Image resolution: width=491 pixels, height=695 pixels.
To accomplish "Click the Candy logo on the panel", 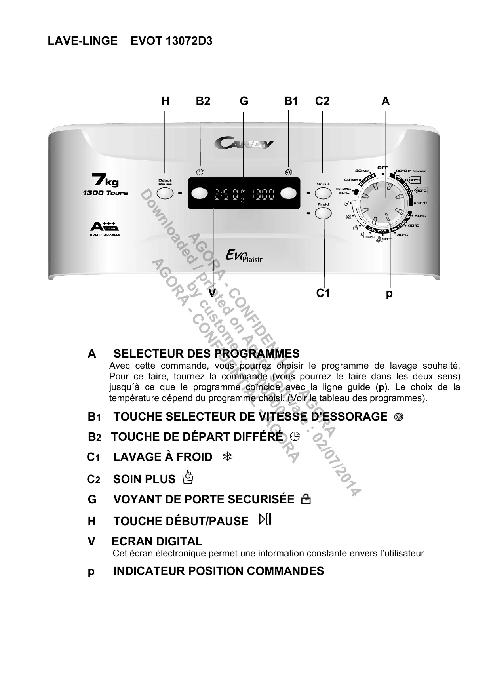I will (244, 143).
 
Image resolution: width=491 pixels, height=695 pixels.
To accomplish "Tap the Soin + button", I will (323, 193).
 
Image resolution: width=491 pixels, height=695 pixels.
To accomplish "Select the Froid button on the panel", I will (323, 213).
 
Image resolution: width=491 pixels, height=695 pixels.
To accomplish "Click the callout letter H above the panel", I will (166, 101).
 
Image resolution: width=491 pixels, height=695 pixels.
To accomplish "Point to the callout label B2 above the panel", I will (203, 101).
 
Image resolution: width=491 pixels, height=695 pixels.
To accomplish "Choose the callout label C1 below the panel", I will (323, 293).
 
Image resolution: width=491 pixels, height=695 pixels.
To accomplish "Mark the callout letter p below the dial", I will (389, 294).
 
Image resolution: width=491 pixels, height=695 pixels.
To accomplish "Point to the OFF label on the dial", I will (383, 168).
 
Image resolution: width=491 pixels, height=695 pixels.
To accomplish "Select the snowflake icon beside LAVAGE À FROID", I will (227, 457).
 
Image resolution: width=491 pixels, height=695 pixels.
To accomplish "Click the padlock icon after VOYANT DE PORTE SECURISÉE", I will (306, 499).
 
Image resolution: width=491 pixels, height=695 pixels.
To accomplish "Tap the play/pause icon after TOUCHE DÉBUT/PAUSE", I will (265, 520).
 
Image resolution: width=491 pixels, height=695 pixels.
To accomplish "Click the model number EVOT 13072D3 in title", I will (171, 41).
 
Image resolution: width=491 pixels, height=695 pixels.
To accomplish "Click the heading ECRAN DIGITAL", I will (157, 541).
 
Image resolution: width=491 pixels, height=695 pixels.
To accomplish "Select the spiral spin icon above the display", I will (288, 172).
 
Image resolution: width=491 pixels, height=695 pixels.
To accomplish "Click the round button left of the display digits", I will (199, 193).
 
